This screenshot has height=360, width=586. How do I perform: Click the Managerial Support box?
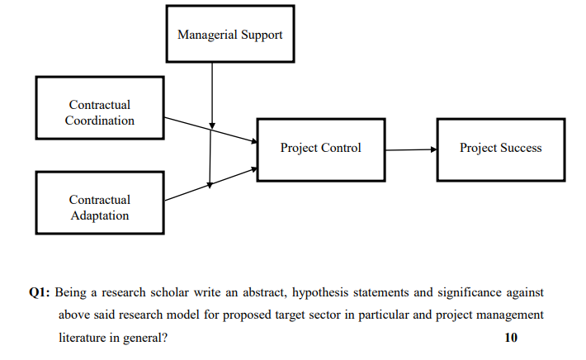229,34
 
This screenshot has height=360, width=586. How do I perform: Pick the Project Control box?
320,149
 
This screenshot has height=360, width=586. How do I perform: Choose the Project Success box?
500,149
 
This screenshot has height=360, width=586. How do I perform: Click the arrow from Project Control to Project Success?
410,149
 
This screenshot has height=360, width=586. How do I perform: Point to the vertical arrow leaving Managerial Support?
212,91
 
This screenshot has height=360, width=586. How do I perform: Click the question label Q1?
40,293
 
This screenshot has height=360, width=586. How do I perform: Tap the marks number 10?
512,337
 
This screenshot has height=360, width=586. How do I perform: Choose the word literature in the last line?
87,337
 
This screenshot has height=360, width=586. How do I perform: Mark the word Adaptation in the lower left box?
99,216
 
